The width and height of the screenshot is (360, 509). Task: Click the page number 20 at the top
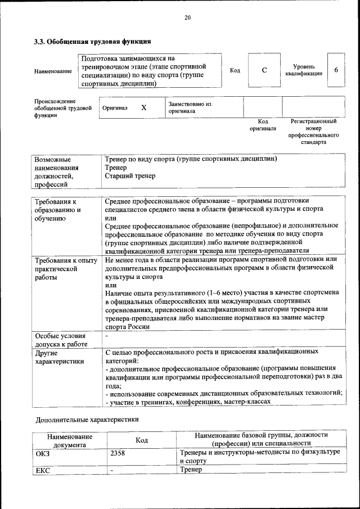(x=187, y=18)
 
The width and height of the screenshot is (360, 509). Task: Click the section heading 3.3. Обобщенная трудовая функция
(x=93, y=41)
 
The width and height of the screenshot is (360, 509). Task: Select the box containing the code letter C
(x=264, y=70)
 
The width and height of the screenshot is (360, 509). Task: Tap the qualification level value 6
(x=336, y=70)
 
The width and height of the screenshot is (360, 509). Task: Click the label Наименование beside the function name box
(x=53, y=71)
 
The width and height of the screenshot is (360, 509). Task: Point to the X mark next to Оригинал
(x=143, y=107)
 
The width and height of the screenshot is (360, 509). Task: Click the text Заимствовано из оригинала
(x=190, y=107)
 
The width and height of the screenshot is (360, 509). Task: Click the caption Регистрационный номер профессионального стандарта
(x=313, y=132)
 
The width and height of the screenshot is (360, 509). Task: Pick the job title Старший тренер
(x=130, y=176)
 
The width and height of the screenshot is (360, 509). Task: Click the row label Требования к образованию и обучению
(x=58, y=210)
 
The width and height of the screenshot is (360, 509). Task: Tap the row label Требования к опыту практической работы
(x=66, y=269)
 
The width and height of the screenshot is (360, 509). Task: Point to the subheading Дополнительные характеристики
(x=87, y=420)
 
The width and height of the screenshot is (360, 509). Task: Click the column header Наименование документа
(x=70, y=440)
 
